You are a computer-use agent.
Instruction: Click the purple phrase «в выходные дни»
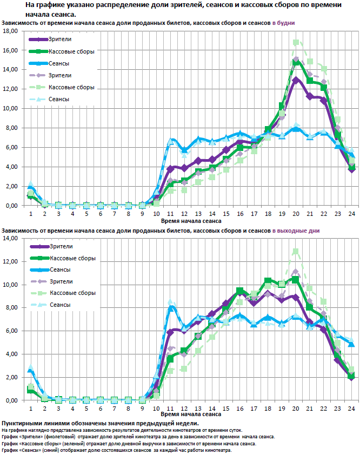296,231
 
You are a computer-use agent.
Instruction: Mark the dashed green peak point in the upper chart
296,42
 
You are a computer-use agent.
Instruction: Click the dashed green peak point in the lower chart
296,252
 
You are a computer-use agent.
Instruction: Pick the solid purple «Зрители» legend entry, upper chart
59,40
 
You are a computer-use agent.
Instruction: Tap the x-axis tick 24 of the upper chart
351,213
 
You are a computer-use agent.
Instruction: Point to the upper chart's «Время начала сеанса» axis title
191,221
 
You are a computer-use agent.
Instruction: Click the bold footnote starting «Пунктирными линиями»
100,423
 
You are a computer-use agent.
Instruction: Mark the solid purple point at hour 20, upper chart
296,80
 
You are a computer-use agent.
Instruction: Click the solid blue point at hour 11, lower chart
170,308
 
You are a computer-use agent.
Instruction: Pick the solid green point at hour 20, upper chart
296,62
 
